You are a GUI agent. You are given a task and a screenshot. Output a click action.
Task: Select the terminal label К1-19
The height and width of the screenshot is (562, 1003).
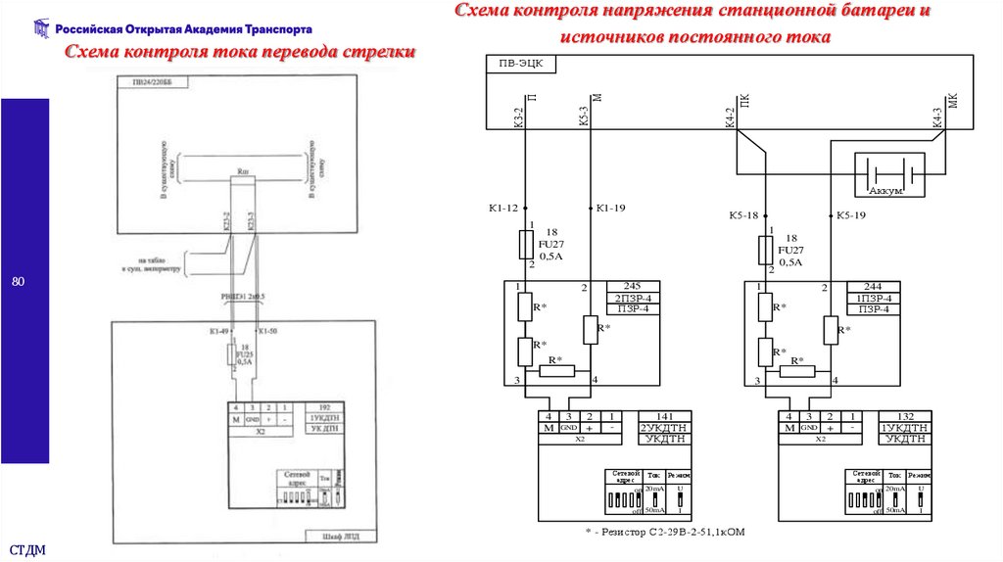610,208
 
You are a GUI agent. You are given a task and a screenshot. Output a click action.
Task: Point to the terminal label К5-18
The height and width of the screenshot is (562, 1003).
744,215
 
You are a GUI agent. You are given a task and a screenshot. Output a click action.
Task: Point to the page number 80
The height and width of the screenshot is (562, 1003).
18,282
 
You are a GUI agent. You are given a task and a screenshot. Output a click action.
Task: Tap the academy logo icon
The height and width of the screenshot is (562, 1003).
40,29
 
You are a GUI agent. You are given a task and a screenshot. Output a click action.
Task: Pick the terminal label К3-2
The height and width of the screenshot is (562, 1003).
519,117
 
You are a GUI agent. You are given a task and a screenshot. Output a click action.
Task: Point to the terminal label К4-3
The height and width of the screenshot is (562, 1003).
937,117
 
